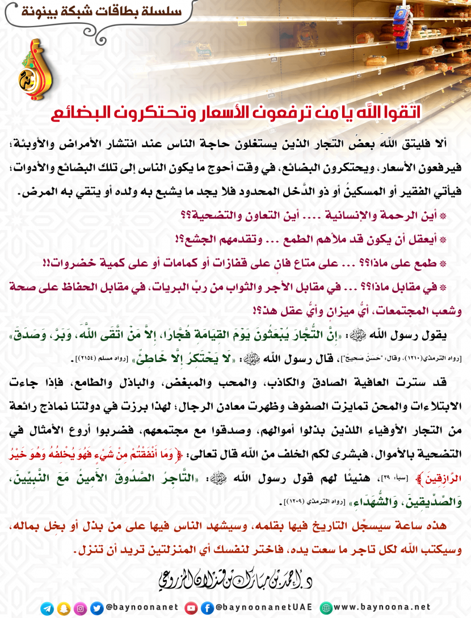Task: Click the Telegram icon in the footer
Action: point(47,608)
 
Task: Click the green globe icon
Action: point(326,608)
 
